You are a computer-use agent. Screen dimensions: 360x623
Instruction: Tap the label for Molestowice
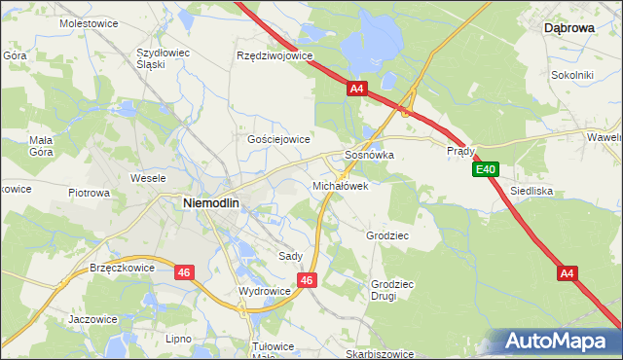tap(89, 22)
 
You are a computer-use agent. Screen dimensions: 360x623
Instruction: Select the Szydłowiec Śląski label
tap(164, 57)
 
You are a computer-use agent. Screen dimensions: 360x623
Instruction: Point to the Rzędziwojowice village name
tap(275, 55)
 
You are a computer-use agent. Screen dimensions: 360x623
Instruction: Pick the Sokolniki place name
tap(572, 74)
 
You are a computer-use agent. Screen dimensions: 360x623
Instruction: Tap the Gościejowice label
tap(278, 139)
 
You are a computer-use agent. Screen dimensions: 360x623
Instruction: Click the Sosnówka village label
tap(370, 155)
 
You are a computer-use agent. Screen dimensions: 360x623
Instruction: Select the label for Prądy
tap(460, 151)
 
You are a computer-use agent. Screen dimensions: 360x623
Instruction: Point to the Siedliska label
tap(531, 191)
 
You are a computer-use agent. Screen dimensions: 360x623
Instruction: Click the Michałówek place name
tap(340, 185)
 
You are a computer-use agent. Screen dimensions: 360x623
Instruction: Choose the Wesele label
tap(151, 179)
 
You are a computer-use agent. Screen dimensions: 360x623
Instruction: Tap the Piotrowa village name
tap(90, 193)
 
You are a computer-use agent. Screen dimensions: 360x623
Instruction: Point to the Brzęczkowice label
tap(122, 267)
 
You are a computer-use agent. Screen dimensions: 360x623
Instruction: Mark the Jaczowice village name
tap(93, 318)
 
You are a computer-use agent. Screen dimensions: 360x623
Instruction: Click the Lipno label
tap(178, 339)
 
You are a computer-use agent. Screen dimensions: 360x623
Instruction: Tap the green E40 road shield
tap(487, 170)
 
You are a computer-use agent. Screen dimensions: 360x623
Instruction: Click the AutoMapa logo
tap(554, 341)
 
